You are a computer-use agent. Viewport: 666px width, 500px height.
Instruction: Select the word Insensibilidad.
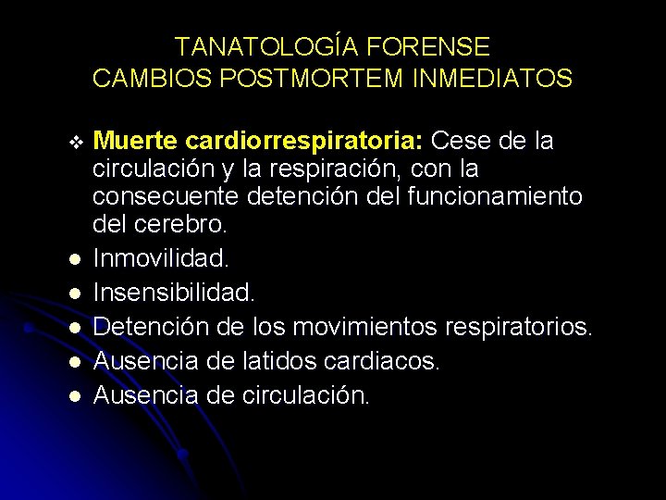(173, 292)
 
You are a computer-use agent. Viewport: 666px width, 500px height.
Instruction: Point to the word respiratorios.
(519, 327)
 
